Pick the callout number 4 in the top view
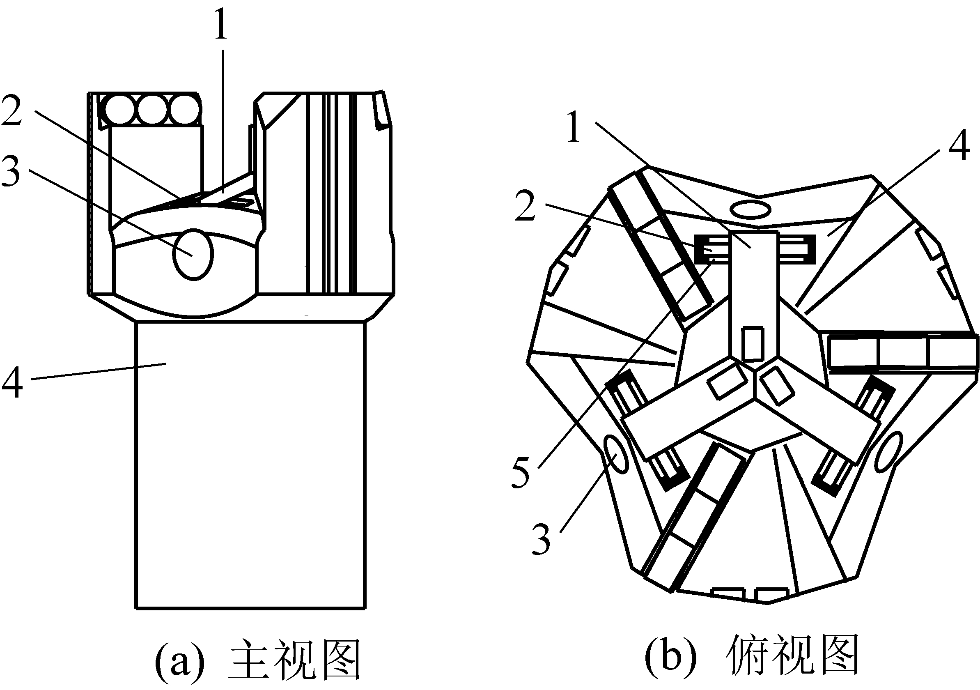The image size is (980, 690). [x=959, y=145]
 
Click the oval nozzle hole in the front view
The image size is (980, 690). [x=193, y=255]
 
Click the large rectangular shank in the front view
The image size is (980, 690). [x=250, y=465]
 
